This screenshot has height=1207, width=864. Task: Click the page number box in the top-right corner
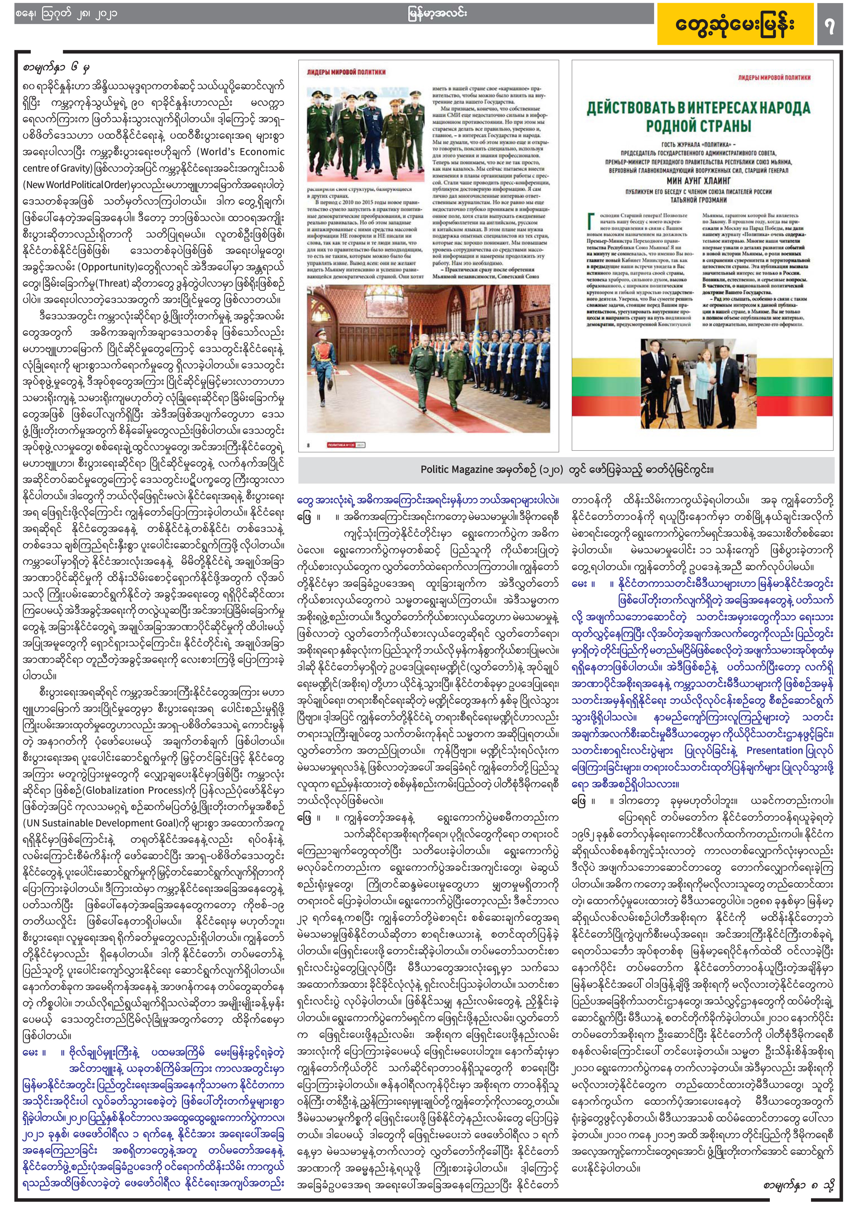(830, 25)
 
